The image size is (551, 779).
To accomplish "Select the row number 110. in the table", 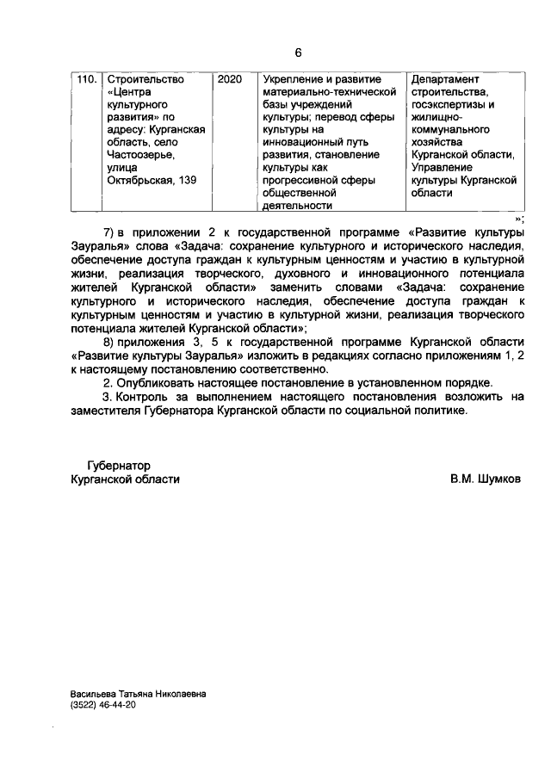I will click(85, 79).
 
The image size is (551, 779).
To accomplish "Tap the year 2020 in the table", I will click(230, 79).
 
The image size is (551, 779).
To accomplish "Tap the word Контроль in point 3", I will click(140, 396).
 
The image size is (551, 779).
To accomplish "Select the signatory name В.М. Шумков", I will click(485, 479).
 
